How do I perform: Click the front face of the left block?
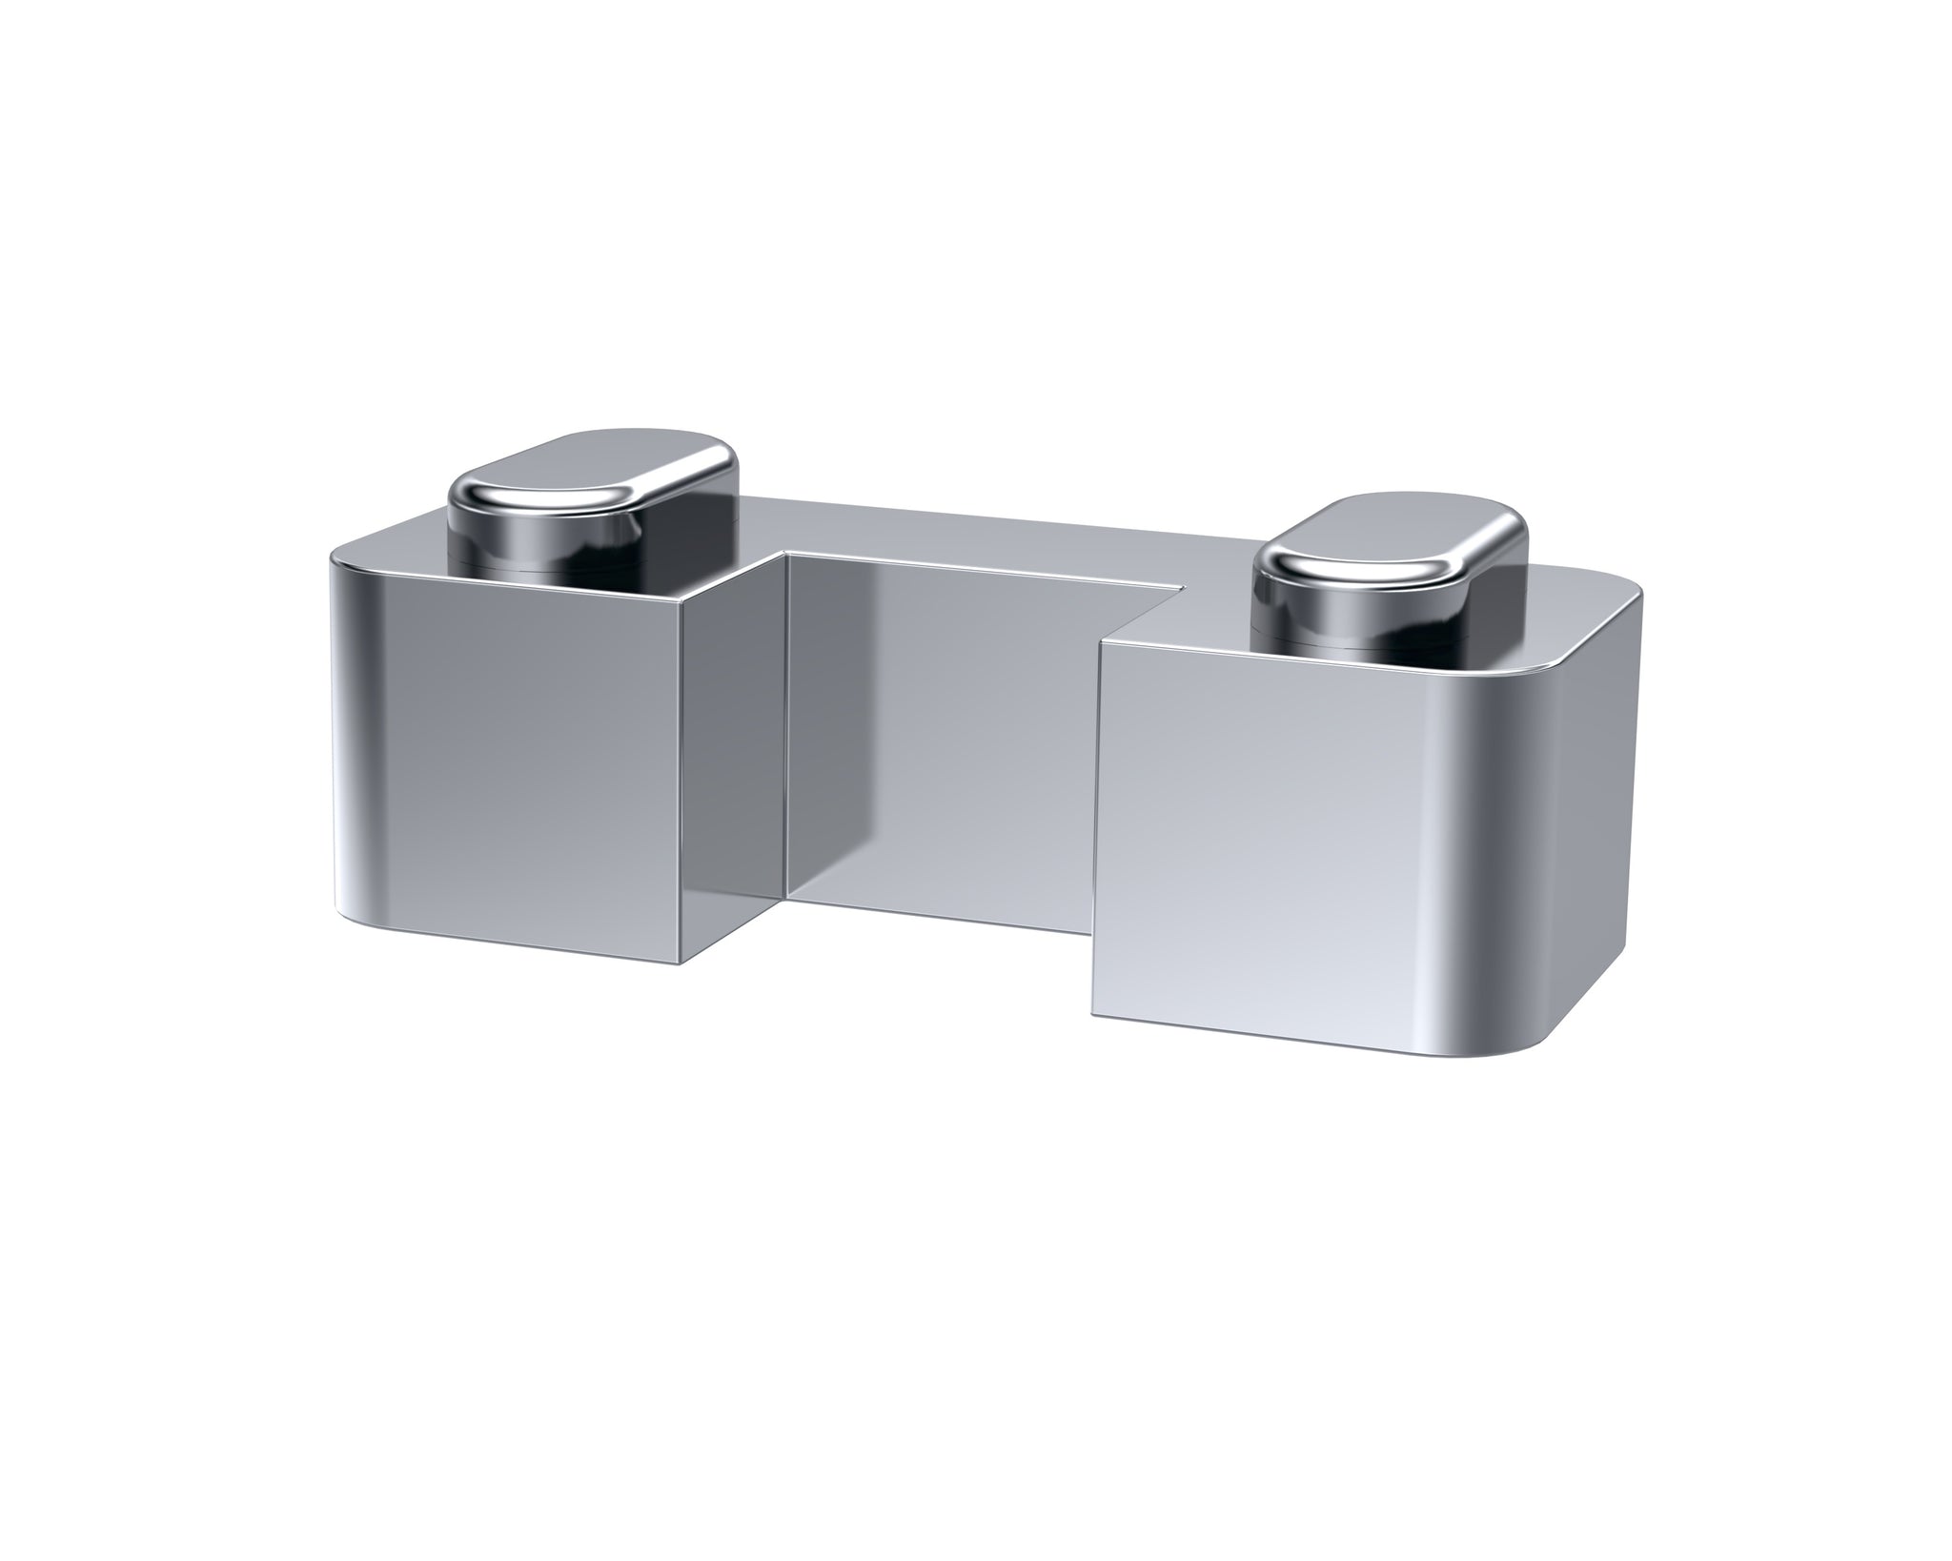point(505,762)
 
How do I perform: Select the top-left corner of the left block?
point(334,557)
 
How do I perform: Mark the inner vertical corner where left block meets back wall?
point(786,724)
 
